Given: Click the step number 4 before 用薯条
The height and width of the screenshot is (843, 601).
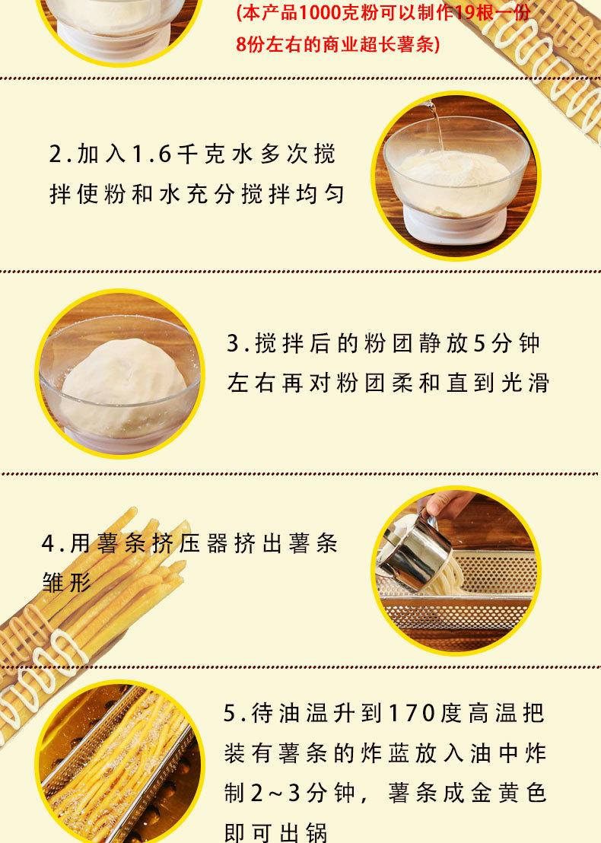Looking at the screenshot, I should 49,545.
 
